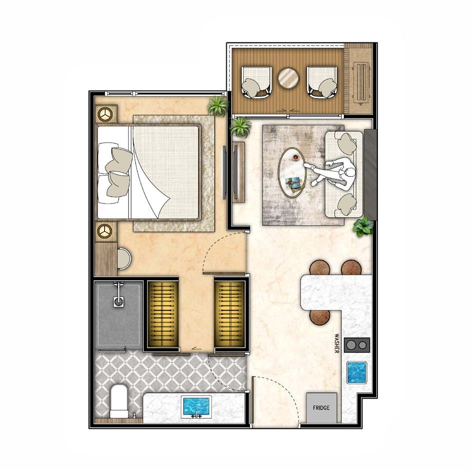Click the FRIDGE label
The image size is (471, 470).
pos(321,408)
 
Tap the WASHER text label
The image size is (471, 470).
pos(337,343)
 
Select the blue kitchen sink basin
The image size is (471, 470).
pos(356,372)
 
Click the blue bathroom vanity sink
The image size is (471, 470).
pos(196,406)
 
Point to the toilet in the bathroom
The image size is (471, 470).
pos(119,401)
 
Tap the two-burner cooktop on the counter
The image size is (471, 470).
pos(357,345)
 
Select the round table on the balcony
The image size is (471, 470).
pos(288,78)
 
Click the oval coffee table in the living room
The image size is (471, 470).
pos(292,172)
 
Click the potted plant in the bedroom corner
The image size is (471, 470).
pos(218,106)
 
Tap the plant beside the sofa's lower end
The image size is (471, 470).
pos(363,227)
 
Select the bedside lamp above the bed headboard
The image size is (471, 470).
pos(105,114)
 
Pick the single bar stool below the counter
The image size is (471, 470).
pos(320,317)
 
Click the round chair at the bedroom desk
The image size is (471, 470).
pos(124,258)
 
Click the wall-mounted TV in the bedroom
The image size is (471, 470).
pos(224,172)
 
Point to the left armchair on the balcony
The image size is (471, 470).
pos(256,82)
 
